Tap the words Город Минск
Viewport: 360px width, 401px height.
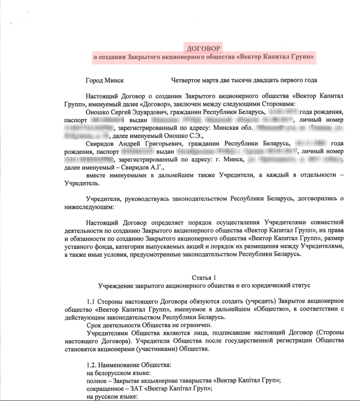coord(105,80)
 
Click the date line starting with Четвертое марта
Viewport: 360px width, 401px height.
coord(244,80)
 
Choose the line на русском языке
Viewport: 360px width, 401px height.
coord(111,396)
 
